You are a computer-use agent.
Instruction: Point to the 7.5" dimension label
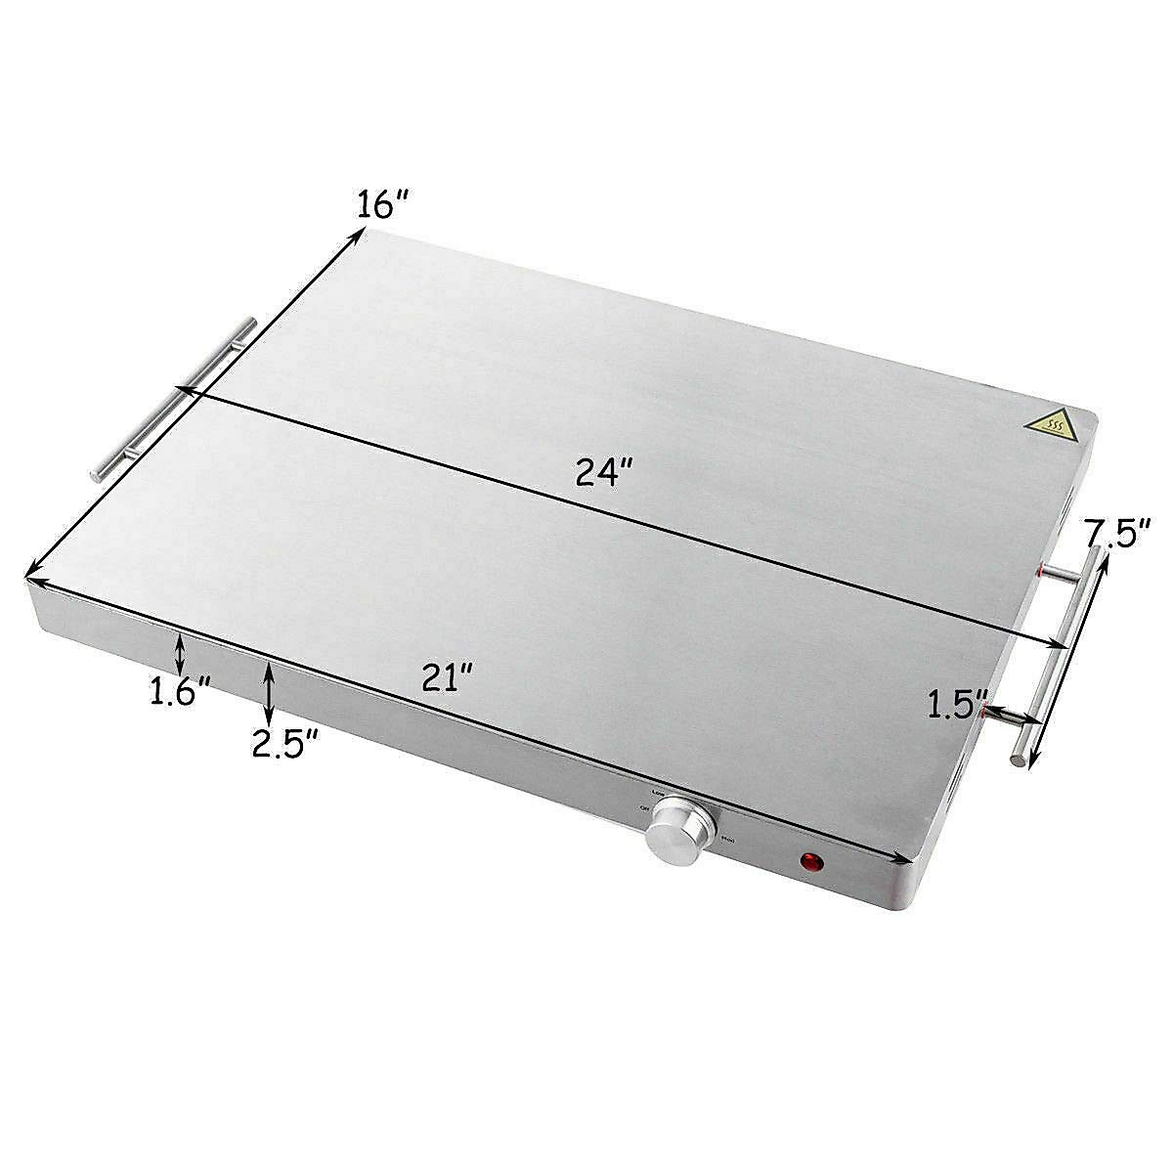(1118, 537)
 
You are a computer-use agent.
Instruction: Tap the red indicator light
(811, 862)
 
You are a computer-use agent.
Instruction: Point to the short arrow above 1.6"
(179, 651)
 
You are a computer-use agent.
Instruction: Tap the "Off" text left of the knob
(643, 808)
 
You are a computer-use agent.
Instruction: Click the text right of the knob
(725, 839)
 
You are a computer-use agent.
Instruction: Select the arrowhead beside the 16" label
(358, 235)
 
